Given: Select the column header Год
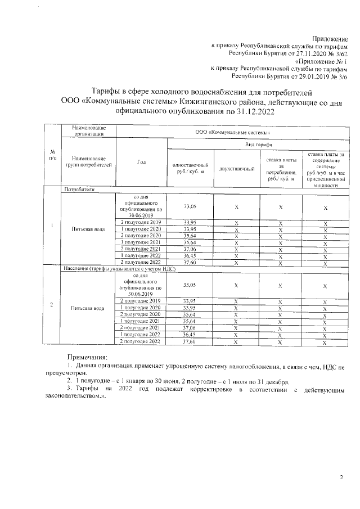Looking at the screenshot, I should click(x=141, y=163).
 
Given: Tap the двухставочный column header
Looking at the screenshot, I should click(x=237, y=169).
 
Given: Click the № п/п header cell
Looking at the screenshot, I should click(x=52, y=155).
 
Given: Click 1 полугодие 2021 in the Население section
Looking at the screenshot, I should click(x=141, y=321).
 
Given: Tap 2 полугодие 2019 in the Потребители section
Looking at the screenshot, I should click(x=141, y=222).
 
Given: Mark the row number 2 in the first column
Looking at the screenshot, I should click(x=52, y=305).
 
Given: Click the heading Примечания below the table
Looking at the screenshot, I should click(x=87, y=357).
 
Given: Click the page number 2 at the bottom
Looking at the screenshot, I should click(x=340, y=477).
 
